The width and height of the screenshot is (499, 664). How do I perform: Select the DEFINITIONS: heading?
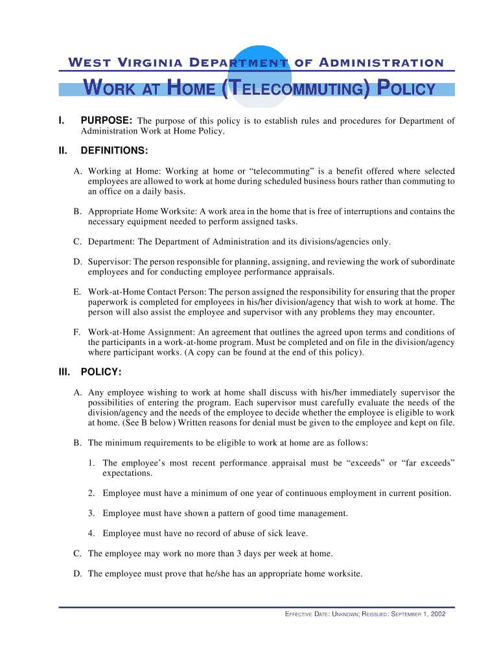[114, 151]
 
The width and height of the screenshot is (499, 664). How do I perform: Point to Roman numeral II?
[62, 151]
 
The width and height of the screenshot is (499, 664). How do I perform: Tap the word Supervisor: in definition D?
[110, 262]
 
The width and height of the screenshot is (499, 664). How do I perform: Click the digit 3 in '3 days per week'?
[239, 554]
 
